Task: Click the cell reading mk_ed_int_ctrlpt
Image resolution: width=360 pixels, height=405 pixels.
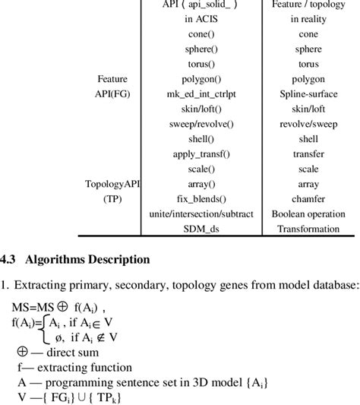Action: point(200,94)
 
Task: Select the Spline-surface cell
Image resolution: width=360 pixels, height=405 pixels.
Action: point(308,94)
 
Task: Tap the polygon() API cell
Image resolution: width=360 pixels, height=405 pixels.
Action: point(200,79)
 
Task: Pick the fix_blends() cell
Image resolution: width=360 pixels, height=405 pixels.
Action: point(200,198)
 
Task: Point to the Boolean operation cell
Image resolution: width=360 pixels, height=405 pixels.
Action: point(308,214)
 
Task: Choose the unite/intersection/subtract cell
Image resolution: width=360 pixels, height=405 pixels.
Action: point(200,214)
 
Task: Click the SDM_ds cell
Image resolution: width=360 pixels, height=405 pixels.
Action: point(200,229)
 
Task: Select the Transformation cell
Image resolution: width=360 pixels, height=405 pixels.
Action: point(308,229)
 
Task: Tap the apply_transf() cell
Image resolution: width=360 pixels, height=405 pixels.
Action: point(200,153)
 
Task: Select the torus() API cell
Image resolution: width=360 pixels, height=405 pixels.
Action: point(200,65)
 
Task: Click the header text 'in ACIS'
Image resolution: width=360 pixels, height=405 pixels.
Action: point(200,20)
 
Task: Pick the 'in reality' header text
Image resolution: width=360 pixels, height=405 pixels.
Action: point(308,20)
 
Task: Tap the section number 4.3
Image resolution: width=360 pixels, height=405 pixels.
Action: point(8,259)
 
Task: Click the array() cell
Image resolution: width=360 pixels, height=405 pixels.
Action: point(200,184)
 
